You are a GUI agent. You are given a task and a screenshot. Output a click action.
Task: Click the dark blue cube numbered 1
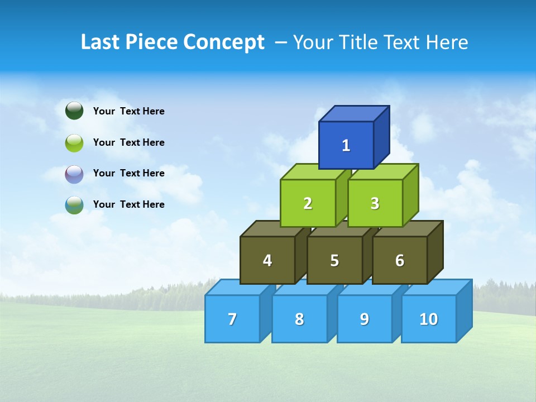point(346,145)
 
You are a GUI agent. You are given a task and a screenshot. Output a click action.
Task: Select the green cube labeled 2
point(308,203)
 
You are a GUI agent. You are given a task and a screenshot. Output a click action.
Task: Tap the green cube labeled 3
point(375,203)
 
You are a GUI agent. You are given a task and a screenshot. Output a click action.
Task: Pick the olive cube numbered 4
point(267,260)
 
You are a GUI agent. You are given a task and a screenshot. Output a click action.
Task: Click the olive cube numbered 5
point(334,260)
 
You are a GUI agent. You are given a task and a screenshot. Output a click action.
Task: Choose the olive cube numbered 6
point(400,260)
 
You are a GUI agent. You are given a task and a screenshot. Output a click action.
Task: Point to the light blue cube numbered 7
point(232,319)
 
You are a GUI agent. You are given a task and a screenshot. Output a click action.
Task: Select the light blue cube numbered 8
point(299,319)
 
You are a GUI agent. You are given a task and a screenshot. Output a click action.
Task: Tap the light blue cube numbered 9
point(365,319)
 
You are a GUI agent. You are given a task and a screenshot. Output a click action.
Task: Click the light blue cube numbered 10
point(428,319)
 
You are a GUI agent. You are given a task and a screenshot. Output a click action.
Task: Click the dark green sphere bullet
point(74,111)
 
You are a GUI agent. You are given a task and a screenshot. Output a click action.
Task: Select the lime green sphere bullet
point(74,143)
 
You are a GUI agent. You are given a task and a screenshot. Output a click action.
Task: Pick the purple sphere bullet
point(74,174)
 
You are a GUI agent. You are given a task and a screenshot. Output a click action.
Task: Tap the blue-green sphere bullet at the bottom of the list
point(74,205)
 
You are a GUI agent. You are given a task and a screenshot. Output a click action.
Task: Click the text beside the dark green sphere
point(129,111)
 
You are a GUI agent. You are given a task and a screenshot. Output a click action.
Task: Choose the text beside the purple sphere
point(129,173)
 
